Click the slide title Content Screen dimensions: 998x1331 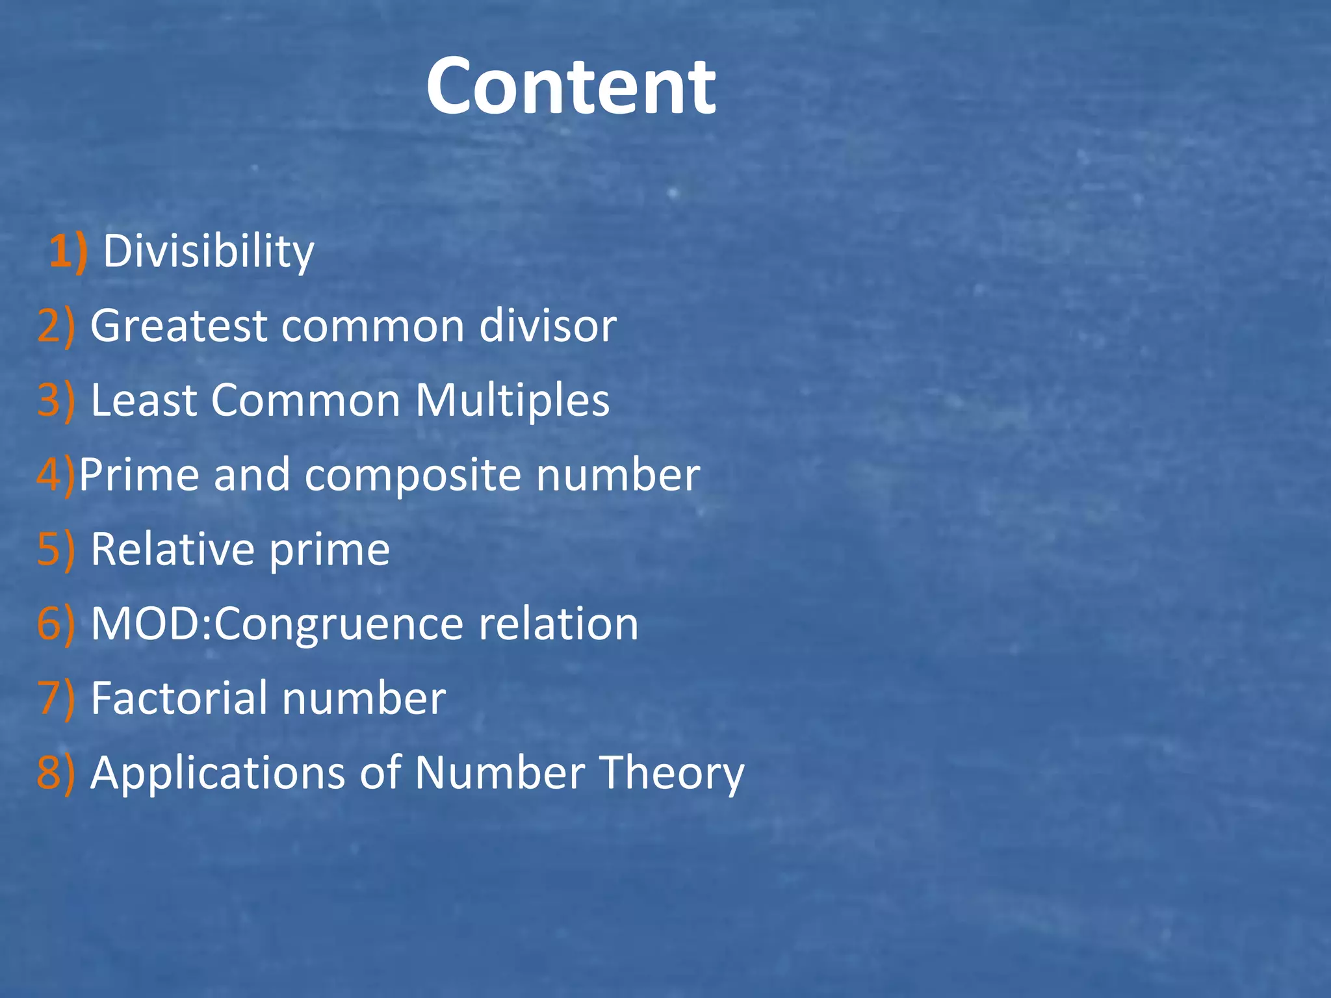click(571, 87)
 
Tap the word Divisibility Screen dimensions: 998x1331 click(208, 251)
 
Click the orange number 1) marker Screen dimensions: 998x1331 click(68, 251)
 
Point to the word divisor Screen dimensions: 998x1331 click(547, 326)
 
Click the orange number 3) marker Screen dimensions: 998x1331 click(56, 400)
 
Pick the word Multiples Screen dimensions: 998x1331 click(512, 400)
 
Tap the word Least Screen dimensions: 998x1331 click(144, 400)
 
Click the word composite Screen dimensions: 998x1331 click(413, 475)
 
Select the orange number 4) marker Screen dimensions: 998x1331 click(56, 475)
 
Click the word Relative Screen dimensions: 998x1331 click(173, 550)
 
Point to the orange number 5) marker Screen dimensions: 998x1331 click(56, 550)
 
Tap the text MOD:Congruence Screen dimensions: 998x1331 click(278, 624)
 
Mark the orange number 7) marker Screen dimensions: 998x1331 click(56, 698)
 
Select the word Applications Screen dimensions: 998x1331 click(218, 773)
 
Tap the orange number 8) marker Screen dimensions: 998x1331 click(56, 773)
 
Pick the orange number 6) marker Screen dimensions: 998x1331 click(56, 624)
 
